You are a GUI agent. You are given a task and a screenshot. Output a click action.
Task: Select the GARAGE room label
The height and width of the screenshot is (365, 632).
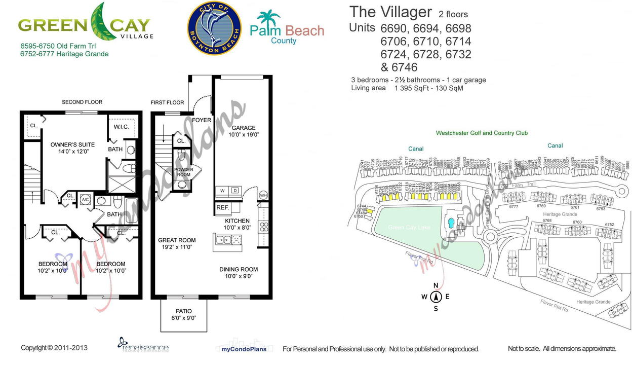pyautogui.click(x=244, y=128)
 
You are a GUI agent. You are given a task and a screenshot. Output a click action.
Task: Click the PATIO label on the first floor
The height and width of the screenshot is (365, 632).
pyautogui.click(x=184, y=311)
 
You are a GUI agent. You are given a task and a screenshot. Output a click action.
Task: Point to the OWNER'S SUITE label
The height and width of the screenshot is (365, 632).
pyautogui.click(x=72, y=145)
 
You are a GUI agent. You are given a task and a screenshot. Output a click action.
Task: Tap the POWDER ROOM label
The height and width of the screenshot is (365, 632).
pyautogui.click(x=183, y=172)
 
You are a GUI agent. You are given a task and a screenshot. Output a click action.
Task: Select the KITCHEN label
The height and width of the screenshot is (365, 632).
pyautogui.click(x=237, y=221)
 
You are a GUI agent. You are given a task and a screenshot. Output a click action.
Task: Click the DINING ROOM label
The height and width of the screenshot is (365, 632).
pyautogui.click(x=239, y=270)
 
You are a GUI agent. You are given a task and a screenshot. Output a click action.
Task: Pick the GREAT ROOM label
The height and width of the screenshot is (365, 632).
pyautogui.click(x=177, y=240)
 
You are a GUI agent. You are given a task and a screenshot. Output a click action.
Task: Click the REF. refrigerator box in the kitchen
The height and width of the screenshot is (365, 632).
pyautogui.click(x=222, y=208)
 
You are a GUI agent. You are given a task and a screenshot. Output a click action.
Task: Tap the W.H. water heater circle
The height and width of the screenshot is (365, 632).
pyautogui.click(x=263, y=195)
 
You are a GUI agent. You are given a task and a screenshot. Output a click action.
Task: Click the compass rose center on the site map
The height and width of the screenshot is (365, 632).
pyautogui.click(x=436, y=297)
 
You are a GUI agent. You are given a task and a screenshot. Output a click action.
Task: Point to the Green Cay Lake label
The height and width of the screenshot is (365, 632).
pyautogui.click(x=409, y=228)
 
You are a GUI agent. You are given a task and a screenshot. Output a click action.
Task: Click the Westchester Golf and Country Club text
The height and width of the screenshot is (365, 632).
pyautogui.click(x=482, y=133)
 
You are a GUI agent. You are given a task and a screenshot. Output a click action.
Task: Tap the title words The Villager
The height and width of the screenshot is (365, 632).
pyautogui.click(x=390, y=12)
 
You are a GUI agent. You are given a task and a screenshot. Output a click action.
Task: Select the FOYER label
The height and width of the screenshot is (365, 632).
pyautogui.click(x=202, y=120)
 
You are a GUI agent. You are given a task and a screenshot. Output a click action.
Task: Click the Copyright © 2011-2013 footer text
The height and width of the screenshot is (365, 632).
pyautogui.click(x=54, y=348)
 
